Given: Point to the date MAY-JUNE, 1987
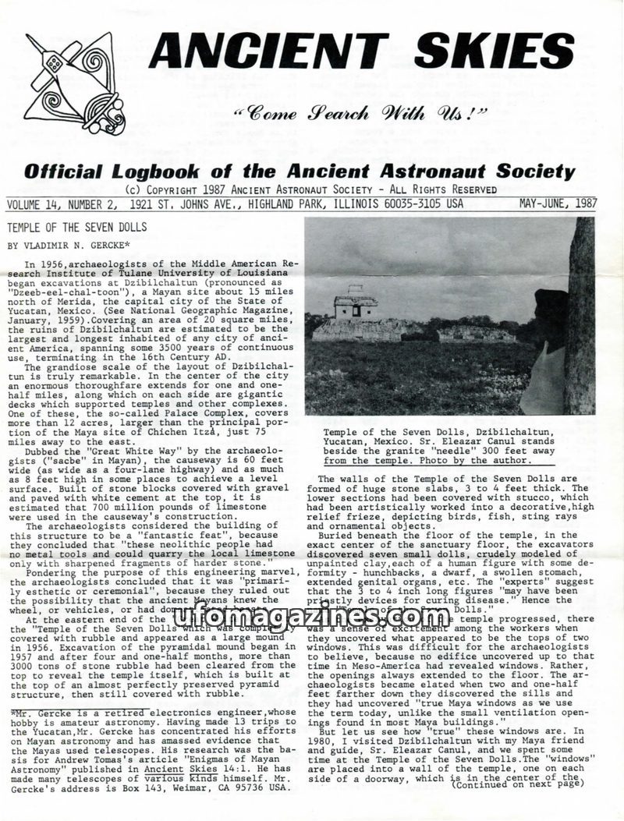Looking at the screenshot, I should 558,204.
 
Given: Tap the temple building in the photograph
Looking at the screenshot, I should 355,306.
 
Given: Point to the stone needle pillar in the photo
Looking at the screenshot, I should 580,312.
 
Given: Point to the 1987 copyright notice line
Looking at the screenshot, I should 310,189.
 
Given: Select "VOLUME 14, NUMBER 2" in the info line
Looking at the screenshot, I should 60,204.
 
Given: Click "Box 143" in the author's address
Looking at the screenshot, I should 175,788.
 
